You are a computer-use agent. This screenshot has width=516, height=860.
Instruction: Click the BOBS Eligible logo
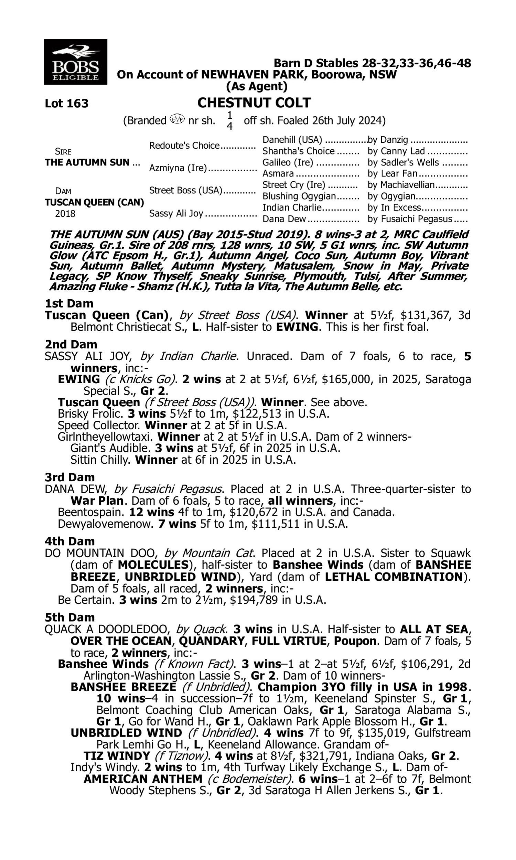click(75, 62)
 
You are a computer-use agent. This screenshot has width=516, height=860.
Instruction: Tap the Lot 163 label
click(66, 104)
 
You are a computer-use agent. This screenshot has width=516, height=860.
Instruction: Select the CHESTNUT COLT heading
click(254, 103)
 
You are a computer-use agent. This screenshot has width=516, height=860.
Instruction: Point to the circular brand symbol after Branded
click(177, 119)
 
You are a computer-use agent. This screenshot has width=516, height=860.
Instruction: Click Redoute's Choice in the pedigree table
click(184, 145)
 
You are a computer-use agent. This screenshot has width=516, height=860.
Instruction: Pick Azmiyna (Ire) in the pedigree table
click(178, 168)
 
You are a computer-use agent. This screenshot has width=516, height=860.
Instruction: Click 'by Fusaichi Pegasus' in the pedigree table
click(410, 219)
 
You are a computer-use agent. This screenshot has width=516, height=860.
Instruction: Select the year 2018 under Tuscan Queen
click(65, 213)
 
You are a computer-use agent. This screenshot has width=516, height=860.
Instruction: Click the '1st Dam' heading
click(69, 303)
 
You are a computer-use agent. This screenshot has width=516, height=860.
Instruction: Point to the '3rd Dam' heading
click(69, 477)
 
